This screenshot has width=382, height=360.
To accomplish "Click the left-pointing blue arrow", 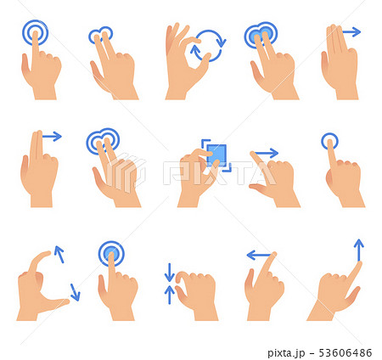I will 259,255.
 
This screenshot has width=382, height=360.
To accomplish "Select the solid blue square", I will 217,154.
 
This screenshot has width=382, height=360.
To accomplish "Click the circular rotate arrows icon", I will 207,44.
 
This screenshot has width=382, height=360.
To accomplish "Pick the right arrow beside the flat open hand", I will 351,32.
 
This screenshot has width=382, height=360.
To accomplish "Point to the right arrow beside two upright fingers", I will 52,136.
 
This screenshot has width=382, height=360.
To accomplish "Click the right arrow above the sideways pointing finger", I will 266,154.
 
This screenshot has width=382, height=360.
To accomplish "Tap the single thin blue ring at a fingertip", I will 330,141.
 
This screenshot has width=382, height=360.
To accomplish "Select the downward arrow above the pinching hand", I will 169,273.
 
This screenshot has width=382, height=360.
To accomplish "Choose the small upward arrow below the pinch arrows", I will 169,294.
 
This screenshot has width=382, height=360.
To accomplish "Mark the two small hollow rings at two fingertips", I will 100,36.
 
